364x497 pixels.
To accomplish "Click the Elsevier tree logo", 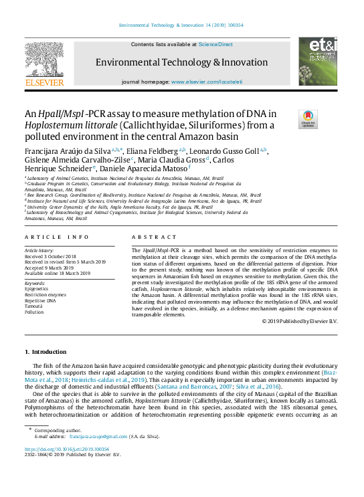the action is tap(44, 63).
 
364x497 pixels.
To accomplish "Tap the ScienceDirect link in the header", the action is tap(216, 44).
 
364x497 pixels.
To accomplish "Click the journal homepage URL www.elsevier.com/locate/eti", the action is tap(207, 81).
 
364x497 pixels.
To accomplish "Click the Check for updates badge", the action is tap(308, 119).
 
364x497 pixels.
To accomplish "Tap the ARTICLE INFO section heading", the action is tap(56, 237).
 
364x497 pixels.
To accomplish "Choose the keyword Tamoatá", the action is tap(36, 306).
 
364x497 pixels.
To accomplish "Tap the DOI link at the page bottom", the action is tap(67, 449).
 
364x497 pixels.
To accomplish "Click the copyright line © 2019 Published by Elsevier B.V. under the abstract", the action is tap(299, 322).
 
